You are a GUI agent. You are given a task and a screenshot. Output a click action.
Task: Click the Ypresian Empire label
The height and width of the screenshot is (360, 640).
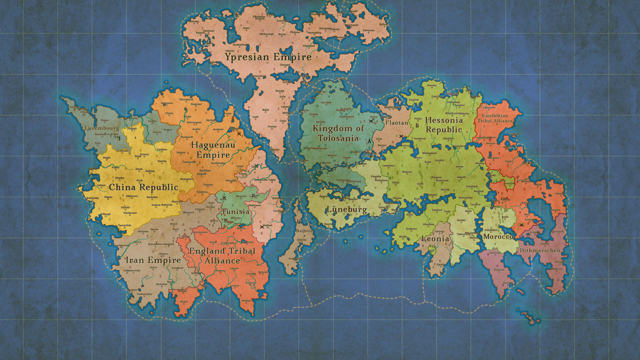268,57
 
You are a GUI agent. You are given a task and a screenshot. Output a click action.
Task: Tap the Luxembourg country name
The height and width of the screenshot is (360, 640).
102,128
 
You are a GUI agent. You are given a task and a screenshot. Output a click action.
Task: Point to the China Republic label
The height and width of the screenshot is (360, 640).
143,187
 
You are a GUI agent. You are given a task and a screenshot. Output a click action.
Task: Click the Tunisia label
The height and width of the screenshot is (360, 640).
235,211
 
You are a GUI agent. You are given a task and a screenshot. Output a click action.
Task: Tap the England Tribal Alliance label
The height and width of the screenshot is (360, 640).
222,255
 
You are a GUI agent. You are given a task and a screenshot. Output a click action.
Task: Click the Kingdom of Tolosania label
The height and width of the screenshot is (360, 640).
338,133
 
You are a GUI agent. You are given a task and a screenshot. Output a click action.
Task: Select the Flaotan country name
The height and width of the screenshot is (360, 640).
397,122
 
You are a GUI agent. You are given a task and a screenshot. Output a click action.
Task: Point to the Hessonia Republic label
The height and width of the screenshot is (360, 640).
443,124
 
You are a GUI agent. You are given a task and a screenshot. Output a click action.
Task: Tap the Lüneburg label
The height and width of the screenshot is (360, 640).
346,209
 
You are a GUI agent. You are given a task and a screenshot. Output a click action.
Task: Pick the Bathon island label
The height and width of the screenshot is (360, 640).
304,231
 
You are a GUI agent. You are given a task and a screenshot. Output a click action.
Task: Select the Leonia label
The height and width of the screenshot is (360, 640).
435,239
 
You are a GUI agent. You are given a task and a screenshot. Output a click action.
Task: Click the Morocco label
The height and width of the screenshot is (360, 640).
498,236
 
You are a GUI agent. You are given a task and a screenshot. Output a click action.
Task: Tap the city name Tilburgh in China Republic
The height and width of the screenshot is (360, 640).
105,214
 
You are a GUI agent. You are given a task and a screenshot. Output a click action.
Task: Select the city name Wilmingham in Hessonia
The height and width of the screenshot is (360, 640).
429,153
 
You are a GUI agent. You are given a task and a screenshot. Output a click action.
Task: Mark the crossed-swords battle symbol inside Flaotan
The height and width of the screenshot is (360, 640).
400,136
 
